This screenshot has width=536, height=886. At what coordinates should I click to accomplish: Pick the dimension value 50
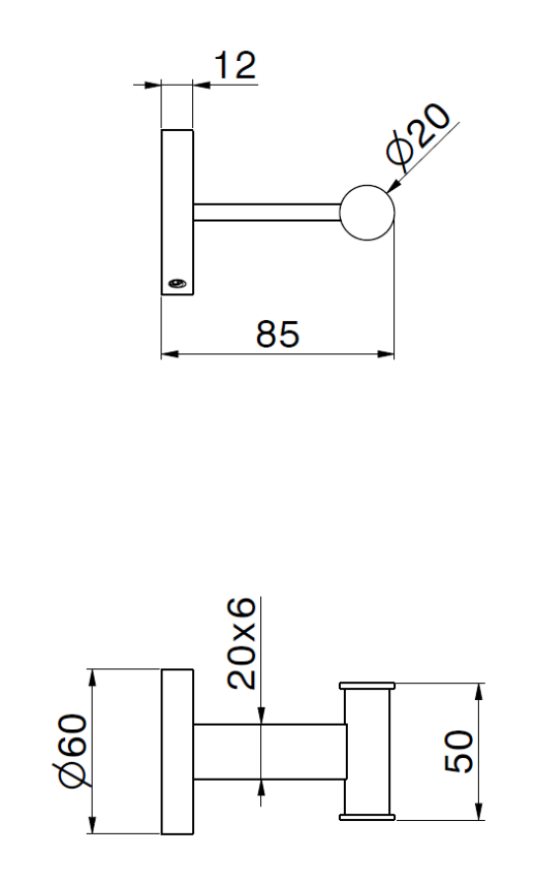point(457,752)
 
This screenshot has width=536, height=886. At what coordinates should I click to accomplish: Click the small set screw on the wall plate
point(176,284)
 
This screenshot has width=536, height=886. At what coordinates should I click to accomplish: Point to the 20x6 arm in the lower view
point(268,753)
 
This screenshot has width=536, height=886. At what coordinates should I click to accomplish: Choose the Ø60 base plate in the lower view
point(177,753)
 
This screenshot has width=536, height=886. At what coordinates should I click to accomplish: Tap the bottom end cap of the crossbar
point(368,816)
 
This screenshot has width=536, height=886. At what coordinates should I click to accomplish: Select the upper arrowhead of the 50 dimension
point(479,690)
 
